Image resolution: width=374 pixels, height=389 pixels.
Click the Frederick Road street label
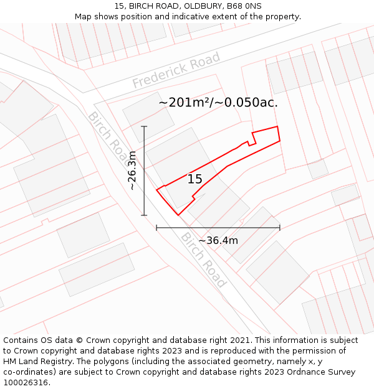pos(176,70)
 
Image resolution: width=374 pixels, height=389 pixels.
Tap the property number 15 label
pos(195,179)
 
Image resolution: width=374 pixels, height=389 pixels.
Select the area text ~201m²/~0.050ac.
pos(218,103)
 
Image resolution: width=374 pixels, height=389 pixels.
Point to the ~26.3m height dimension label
pos(132,171)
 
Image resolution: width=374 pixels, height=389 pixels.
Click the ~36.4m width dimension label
pos(218,240)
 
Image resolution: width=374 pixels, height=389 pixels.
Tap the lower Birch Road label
pos(203,260)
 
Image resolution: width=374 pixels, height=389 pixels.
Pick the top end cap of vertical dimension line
pos(145,126)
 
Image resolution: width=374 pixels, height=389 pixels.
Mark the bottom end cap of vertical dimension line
pos(145,215)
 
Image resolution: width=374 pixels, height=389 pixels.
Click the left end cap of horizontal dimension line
pos(156,228)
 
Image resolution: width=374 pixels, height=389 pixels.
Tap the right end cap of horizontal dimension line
pos(280,228)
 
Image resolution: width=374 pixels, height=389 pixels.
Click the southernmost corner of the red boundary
pos(178,215)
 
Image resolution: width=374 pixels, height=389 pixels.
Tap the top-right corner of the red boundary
pos(277,126)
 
